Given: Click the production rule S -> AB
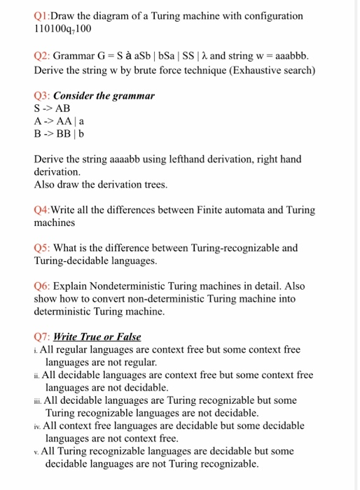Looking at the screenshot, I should click(51, 108).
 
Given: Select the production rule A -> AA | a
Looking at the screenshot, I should click(59, 120).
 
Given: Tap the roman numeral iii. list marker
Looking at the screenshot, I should click(38, 400).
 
